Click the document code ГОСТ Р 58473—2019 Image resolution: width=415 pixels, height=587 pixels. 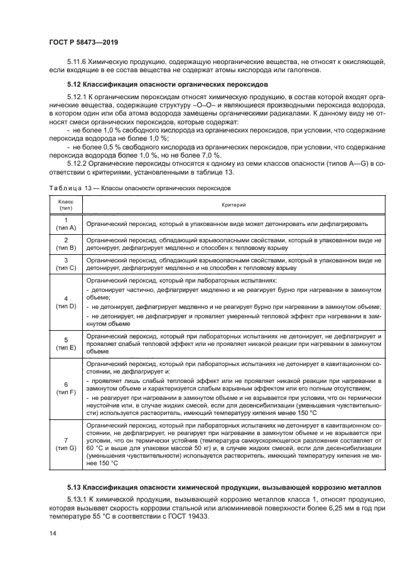click(x=84, y=42)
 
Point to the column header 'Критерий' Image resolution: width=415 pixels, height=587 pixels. click(x=233, y=205)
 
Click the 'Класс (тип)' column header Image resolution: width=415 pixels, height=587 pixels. click(x=66, y=205)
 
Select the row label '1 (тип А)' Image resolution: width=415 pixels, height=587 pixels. click(x=66, y=223)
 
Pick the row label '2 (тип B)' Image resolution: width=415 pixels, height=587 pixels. click(x=66, y=244)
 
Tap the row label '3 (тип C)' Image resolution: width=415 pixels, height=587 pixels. click(x=66, y=264)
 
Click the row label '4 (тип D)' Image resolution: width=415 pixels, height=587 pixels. click(x=66, y=302)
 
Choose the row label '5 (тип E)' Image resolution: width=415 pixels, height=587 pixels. click(x=66, y=343)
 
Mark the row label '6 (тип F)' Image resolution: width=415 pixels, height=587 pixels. click(x=66, y=388)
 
